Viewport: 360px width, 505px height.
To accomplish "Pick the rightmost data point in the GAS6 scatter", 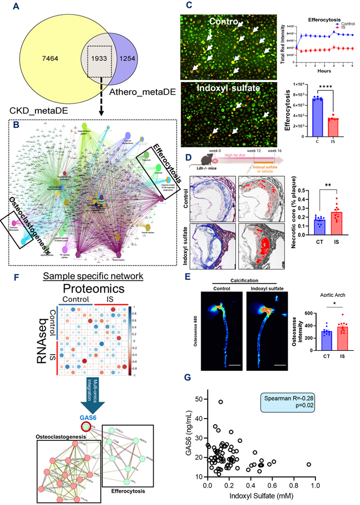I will pos(309,464).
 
